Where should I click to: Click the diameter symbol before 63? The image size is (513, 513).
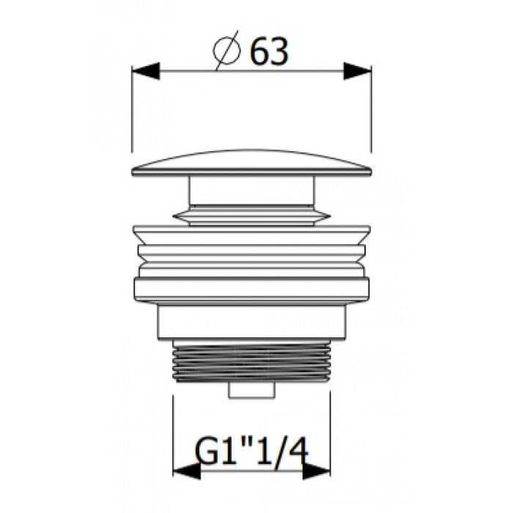coord(226,51)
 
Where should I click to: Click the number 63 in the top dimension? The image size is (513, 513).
coord(269,51)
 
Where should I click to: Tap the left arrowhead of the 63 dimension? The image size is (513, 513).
coord(146,70)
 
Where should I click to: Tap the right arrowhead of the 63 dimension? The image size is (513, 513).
coord(358,70)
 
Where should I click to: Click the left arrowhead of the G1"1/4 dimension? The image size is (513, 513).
coord(186,471)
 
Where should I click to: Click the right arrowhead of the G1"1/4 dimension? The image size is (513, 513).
coord(317,471)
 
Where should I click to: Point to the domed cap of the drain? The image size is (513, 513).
coord(251,163)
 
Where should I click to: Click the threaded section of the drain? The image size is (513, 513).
coord(251,361)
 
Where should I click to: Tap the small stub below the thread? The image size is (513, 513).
coord(251,391)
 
